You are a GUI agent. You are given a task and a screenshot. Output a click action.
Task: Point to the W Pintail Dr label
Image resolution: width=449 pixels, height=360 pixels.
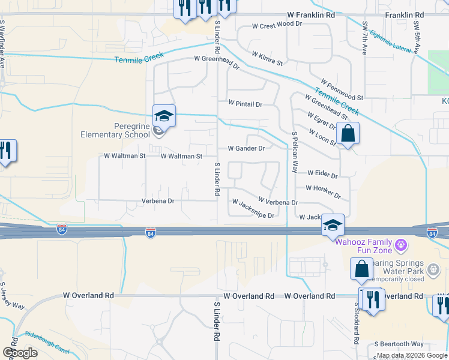point(245,104)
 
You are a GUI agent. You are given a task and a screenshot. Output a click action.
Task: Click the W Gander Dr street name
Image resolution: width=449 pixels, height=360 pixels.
point(246,148)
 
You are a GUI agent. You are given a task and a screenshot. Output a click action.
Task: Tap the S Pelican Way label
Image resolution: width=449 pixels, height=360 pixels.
point(295,152)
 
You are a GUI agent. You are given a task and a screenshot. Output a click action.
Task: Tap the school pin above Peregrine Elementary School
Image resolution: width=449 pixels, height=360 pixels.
point(164,115)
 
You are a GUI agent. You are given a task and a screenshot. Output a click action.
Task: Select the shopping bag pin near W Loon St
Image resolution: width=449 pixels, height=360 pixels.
point(348,134)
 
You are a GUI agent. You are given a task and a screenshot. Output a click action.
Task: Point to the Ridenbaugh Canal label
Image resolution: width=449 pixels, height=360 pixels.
point(47,343)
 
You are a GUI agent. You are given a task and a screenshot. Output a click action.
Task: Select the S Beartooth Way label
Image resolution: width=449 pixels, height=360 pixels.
point(399,344)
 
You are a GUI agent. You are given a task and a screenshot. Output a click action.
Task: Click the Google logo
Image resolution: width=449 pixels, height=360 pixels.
point(20,353)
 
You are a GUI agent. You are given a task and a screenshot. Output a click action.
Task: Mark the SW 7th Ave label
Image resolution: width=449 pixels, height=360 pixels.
point(365,38)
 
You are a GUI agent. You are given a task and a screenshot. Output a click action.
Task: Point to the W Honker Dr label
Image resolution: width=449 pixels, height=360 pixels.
point(323,192)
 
